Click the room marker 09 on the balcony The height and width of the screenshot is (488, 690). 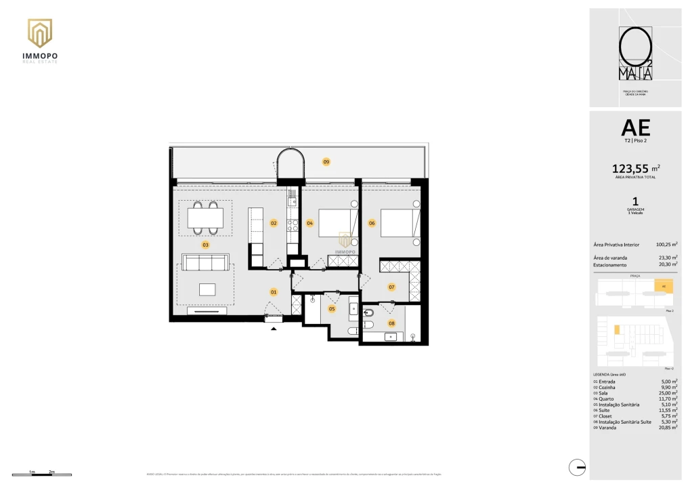[x=326, y=162]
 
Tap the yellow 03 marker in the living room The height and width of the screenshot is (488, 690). [x=205, y=245]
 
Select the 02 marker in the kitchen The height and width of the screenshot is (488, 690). [x=274, y=222]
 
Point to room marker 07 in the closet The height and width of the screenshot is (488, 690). [x=391, y=287]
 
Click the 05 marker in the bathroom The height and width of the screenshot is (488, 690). [x=332, y=309]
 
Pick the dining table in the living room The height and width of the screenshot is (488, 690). [x=205, y=218]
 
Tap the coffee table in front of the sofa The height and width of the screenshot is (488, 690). [x=207, y=289]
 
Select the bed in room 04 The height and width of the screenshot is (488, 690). [x=337, y=222]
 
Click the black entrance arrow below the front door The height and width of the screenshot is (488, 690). [x=274, y=329]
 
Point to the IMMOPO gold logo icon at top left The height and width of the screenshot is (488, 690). [x=40, y=33]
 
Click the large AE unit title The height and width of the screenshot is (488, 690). [x=634, y=127]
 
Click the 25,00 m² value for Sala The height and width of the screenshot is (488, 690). [x=669, y=393]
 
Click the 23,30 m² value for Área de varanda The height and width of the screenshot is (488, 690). [x=667, y=258]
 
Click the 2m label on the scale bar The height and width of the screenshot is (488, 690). [x=51, y=471]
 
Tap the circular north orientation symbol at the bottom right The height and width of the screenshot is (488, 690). [x=577, y=466]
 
